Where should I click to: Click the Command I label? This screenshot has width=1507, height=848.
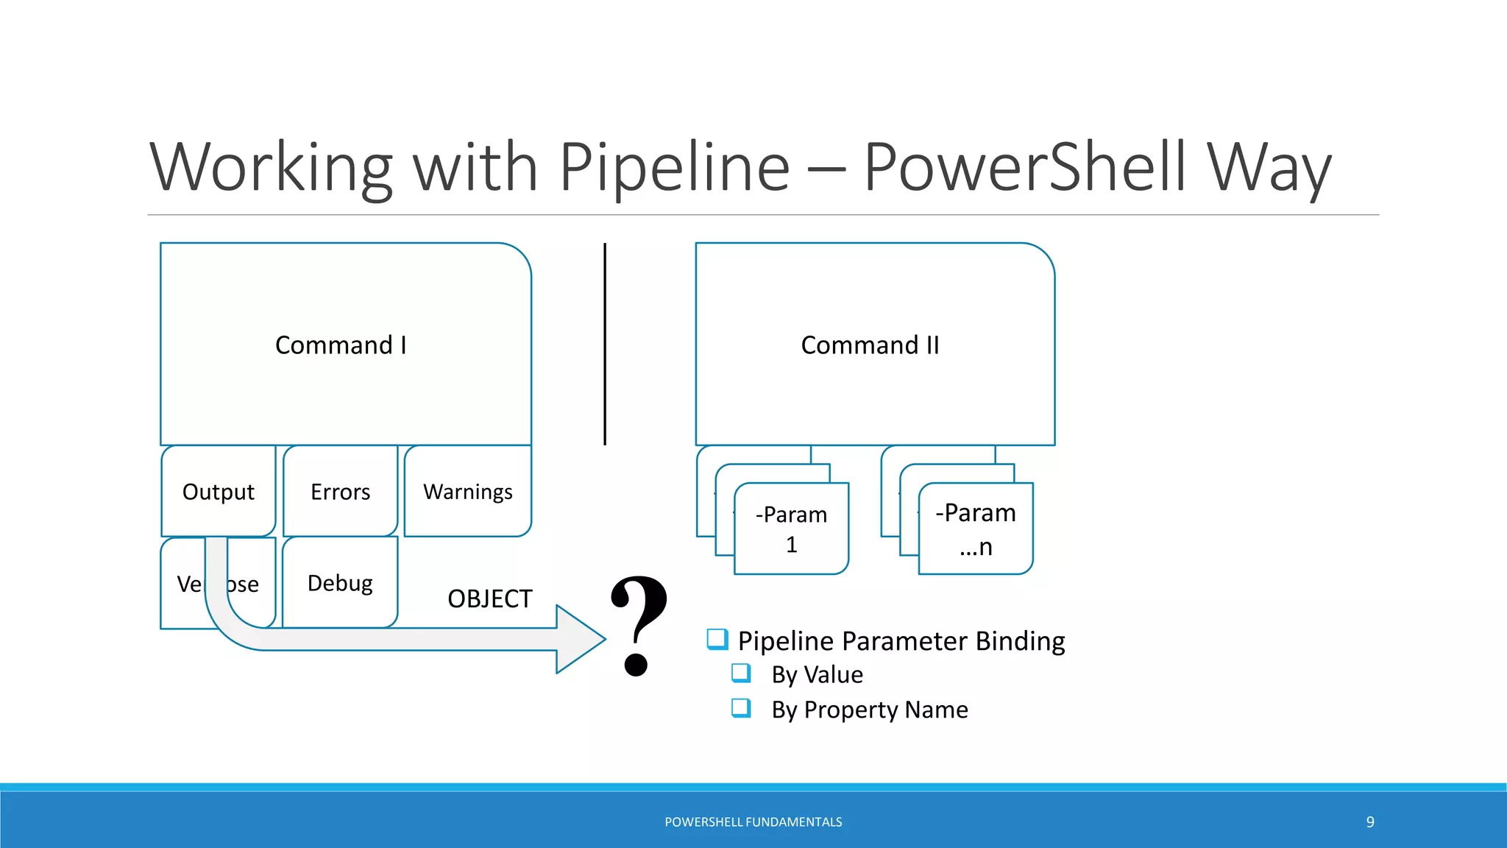click(341, 345)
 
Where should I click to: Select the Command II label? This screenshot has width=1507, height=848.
click(870, 345)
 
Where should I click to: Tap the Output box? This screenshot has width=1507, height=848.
click(218, 492)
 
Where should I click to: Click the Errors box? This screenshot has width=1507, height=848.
click(340, 492)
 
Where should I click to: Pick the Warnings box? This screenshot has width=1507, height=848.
click(467, 492)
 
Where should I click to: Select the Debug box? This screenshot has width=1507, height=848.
click(340, 583)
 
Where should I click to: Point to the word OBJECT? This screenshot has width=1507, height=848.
click(489, 599)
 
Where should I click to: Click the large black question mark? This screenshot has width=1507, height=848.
click(638, 626)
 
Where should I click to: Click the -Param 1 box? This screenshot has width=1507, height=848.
click(791, 529)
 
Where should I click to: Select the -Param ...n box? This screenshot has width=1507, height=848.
click(976, 529)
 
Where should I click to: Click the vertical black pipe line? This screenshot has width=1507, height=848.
click(605, 344)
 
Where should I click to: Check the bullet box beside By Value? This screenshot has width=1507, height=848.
click(740, 673)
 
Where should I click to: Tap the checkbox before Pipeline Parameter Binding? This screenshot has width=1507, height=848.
click(717, 639)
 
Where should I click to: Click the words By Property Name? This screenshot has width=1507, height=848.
click(869, 710)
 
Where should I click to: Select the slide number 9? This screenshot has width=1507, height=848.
click(1369, 822)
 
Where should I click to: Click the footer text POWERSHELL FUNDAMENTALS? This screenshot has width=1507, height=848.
click(753, 822)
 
